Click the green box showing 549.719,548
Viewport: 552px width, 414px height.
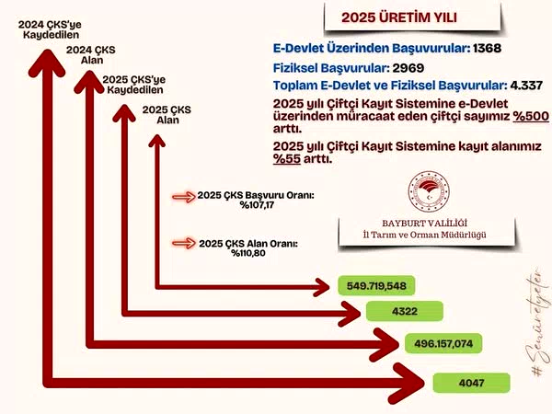click(x=376, y=285)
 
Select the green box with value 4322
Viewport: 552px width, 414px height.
click(x=405, y=311)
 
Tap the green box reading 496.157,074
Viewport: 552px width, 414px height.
click(x=443, y=343)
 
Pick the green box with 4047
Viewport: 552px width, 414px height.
click(x=471, y=383)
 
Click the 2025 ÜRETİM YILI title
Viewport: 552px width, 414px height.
click(x=399, y=17)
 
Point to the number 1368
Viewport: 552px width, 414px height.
click(x=488, y=48)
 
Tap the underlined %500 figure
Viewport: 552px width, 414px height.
click(x=531, y=116)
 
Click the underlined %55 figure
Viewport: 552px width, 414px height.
click(x=287, y=159)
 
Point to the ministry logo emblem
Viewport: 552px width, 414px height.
click(x=429, y=192)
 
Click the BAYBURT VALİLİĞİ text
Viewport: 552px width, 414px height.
click(x=424, y=224)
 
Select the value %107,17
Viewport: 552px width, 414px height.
click(x=257, y=205)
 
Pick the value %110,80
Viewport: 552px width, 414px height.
click(x=248, y=253)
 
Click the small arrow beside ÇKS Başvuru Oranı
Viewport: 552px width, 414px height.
click(x=183, y=197)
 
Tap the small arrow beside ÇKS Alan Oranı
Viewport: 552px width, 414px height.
click(x=183, y=243)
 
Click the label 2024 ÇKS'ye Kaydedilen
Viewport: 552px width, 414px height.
click(x=50, y=29)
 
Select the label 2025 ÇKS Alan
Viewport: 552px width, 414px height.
click(x=167, y=115)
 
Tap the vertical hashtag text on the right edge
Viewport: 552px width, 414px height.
click(x=538, y=322)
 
